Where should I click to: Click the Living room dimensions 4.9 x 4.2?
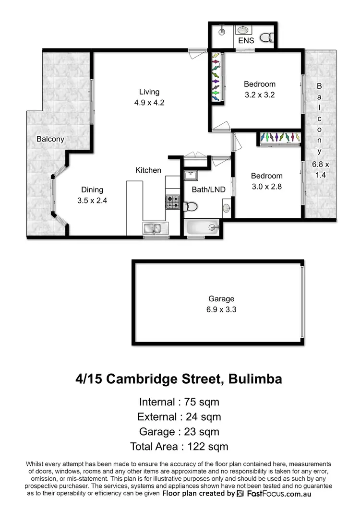click(149, 102)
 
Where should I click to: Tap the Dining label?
click(92, 190)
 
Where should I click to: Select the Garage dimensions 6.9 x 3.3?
click(218, 309)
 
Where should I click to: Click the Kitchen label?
click(148, 170)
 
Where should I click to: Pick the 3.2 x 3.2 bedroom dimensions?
click(259, 95)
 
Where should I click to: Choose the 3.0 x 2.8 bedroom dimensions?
click(267, 186)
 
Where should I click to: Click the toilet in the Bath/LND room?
click(191, 206)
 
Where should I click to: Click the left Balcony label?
click(50, 139)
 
